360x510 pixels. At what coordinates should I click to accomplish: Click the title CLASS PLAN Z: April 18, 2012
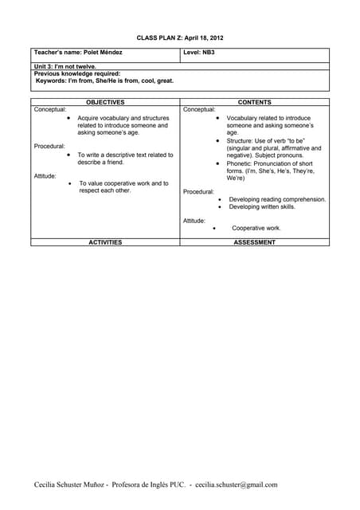pyautogui.click(x=179, y=37)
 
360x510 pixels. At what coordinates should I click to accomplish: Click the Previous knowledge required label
pyautogui.click(x=77, y=73)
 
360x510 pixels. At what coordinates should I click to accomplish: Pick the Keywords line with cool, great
pyautogui.click(x=104, y=80)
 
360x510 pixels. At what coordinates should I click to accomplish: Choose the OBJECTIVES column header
pyautogui.click(x=105, y=102)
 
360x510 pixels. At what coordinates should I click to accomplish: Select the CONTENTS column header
pyautogui.click(x=255, y=102)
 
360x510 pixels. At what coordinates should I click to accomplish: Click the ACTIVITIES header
pyautogui.click(x=105, y=241)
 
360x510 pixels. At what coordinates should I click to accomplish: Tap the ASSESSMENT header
pyautogui.click(x=255, y=241)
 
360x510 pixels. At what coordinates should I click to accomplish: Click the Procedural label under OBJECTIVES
pyautogui.click(x=49, y=146)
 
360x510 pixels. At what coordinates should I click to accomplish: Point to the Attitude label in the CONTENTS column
pyautogui.click(x=194, y=220)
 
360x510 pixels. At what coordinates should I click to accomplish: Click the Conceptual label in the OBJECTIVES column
pyautogui.click(x=50, y=109)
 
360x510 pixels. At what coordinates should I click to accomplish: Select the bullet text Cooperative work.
pyautogui.click(x=256, y=228)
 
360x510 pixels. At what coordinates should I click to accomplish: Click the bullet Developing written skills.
pyautogui.click(x=261, y=206)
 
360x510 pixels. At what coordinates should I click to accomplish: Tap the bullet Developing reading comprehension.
pyautogui.click(x=277, y=199)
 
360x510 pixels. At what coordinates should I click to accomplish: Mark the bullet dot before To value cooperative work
pyautogui.click(x=71, y=183)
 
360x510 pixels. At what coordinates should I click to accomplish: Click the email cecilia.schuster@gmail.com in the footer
pyautogui.click(x=236, y=484)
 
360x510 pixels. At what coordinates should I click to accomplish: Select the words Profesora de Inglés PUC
pyautogui.click(x=148, y=484)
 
